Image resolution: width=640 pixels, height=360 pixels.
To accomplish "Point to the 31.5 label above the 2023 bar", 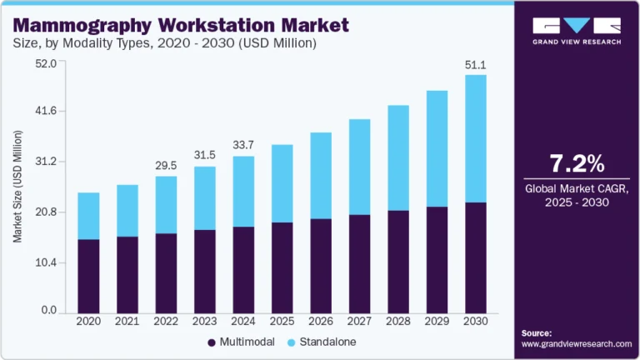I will click(x=204, y=154).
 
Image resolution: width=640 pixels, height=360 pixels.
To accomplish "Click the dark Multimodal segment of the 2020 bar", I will click(x=88, y=275).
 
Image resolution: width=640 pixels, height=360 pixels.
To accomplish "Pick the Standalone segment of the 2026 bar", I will click(x=319, y=176).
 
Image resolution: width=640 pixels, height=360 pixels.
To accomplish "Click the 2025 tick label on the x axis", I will click(x=281, y=321).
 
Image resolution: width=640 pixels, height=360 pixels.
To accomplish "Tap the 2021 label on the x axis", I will click(x=127, y=321).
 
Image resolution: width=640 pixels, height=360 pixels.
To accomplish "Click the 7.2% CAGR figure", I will click(x=577, y=162).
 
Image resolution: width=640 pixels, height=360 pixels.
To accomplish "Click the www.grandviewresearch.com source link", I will click(x=577, y=343).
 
